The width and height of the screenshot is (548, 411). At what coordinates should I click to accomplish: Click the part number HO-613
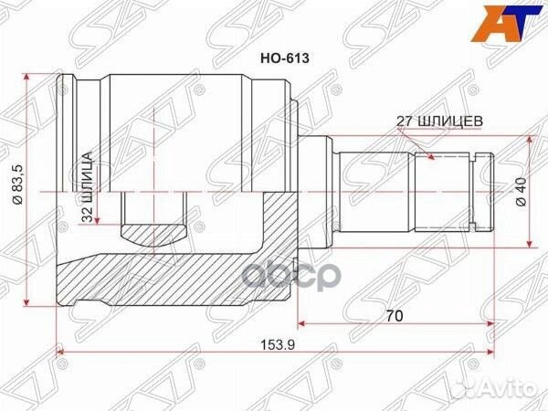click(286, 57)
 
